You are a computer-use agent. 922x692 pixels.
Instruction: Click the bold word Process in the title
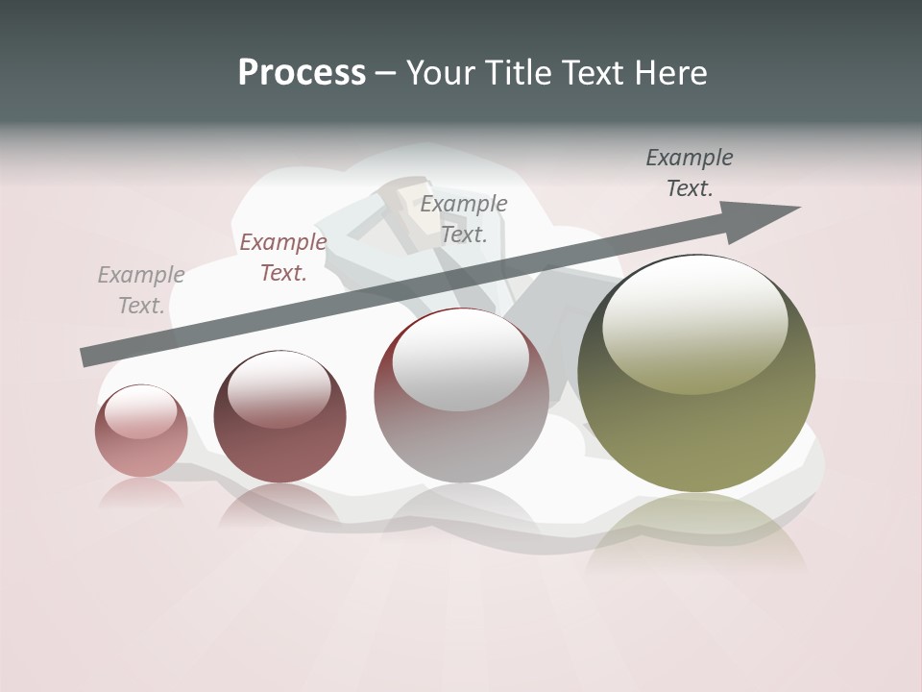(x=302, y=73)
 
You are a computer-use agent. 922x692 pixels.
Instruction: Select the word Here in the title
(x=671, y=73)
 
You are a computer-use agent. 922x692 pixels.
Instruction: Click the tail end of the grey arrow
(x=88, y=357)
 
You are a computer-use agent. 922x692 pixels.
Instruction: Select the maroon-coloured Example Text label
(x=283, y=258)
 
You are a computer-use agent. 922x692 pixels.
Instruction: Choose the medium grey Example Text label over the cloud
(x=464, y=219)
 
